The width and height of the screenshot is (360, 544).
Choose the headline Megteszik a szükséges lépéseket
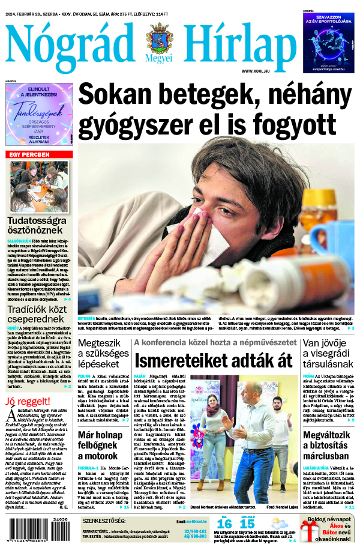103,354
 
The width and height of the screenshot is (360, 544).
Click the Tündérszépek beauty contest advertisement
39,114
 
